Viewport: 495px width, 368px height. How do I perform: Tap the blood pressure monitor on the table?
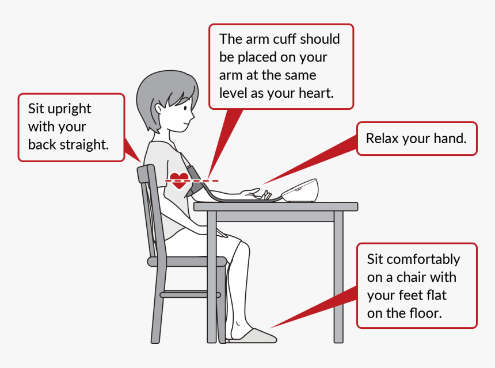point(300,190)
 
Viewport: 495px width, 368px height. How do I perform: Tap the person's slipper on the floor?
point(253,335)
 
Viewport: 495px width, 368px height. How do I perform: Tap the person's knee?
point(242,247)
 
